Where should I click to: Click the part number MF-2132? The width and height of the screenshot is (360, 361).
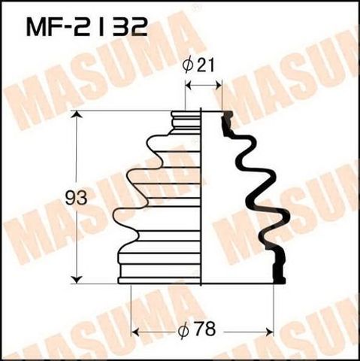[86, 28]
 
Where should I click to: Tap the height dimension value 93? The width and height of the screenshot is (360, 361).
[76, 198]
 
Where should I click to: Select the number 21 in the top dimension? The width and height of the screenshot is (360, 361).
[205, 65]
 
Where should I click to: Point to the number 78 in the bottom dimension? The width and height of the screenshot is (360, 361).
[206, 329]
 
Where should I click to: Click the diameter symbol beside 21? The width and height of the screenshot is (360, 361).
[188, 66]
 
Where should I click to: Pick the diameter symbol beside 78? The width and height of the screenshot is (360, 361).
[183, 330]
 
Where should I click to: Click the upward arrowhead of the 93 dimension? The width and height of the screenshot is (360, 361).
[77, 115]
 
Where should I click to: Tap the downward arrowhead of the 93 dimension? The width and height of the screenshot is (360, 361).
[77, 279]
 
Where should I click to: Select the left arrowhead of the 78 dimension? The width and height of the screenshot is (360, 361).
[135, 332]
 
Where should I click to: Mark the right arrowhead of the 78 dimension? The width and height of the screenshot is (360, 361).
[270, 332]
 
